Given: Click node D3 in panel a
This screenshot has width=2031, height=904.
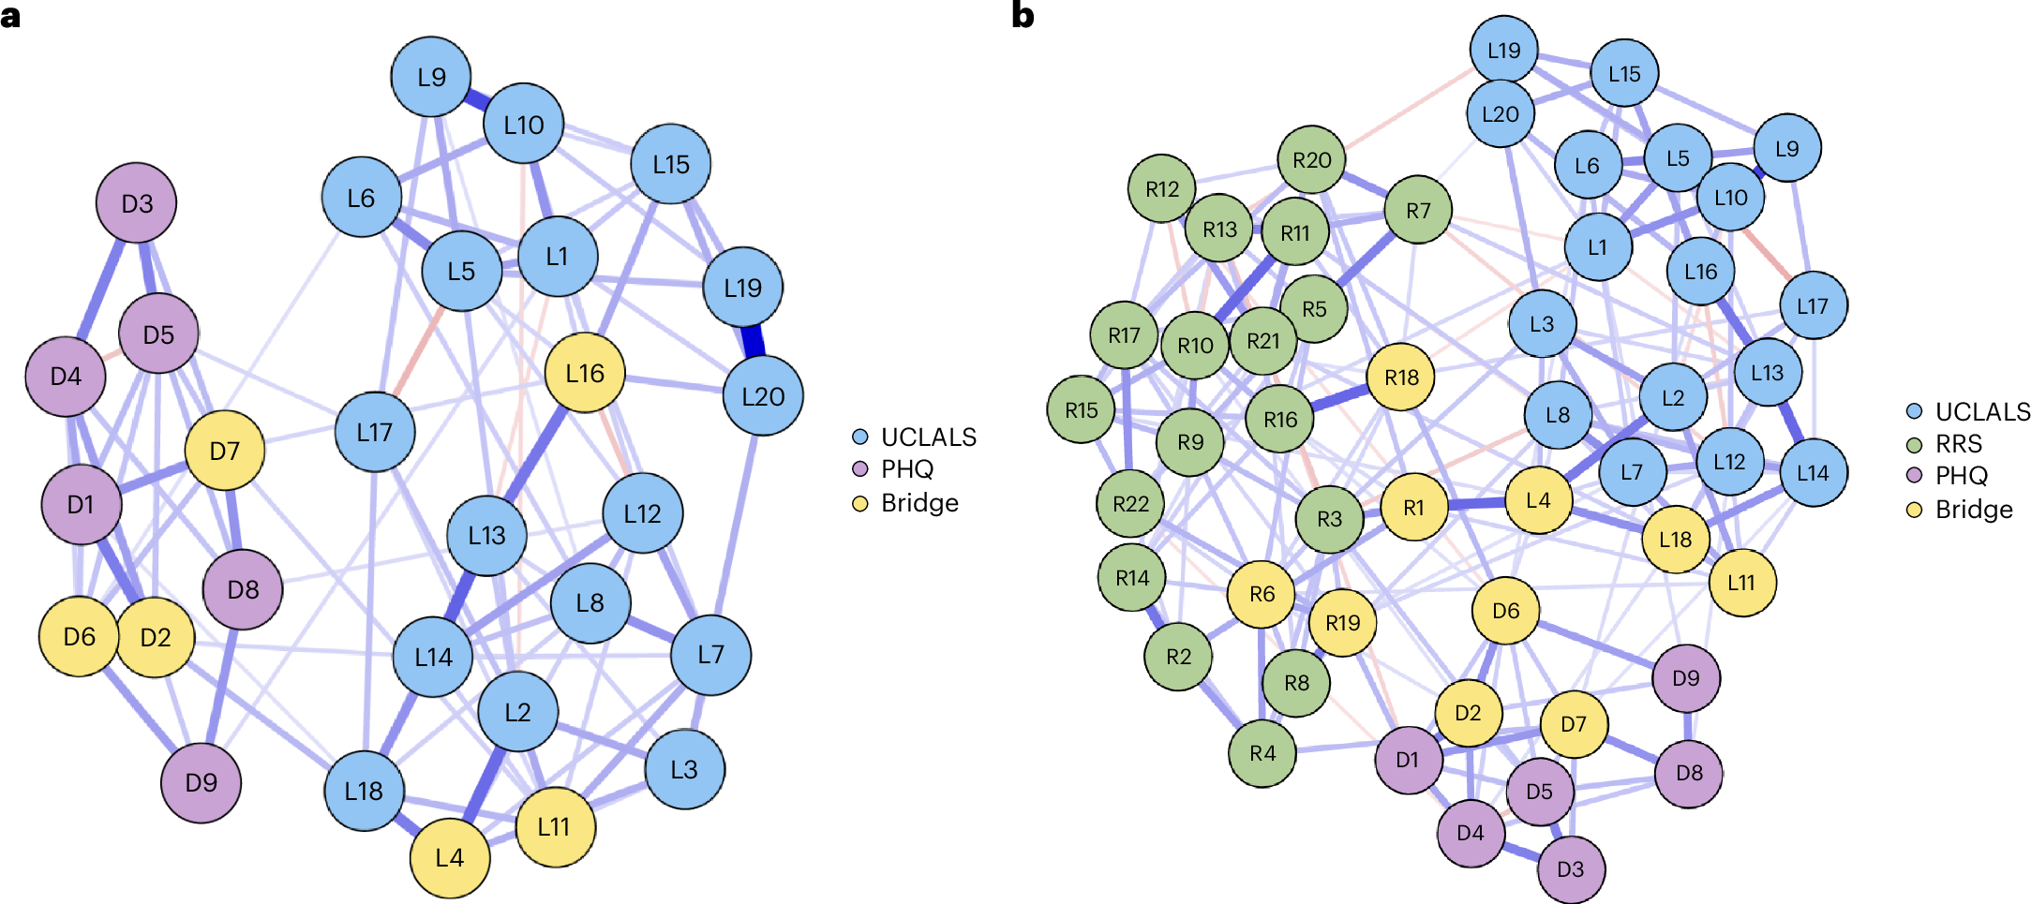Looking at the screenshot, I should click(137, 203).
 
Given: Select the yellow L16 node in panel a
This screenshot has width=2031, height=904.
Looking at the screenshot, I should click(585, 373).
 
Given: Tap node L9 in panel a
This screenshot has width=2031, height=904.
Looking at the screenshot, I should click(431, 77).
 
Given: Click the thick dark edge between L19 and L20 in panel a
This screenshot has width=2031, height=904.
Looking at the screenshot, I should click(753, 341).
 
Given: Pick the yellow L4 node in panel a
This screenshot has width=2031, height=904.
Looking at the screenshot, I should click(450, 857).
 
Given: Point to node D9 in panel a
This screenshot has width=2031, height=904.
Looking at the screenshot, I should click(201, 782).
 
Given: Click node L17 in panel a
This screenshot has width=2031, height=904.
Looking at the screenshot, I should click(375, 432).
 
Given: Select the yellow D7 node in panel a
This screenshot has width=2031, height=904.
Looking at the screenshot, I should click(225, 451).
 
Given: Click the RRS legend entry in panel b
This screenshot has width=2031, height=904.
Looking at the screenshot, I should click(1958, 444).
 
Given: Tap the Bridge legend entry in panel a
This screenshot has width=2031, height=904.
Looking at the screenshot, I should click(918, 503).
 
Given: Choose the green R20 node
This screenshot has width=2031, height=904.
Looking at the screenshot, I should click(1311, 160).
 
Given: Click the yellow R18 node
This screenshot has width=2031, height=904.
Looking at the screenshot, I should click(1401, 377).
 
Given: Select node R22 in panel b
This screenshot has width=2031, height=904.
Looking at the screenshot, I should click(1130, 504).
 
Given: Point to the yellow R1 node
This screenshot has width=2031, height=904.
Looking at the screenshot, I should click(1413, 507).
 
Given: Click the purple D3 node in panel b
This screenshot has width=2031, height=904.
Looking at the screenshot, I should click(1571, 868).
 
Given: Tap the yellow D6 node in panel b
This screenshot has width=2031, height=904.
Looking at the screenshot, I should click(1505, 611).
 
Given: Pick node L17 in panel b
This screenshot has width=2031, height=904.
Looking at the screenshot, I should click(1813, 305).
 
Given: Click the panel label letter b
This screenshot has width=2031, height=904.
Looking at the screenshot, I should click(1023, 16).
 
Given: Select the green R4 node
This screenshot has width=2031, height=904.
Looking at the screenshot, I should click(1262, 752).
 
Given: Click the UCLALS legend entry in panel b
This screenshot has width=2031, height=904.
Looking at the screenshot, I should click(1981, 411).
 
